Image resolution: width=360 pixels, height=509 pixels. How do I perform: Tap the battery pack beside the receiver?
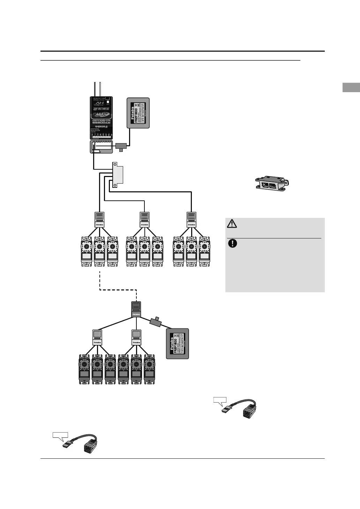click(138, 113)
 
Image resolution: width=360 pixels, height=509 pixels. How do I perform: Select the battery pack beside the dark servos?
click(177, 344)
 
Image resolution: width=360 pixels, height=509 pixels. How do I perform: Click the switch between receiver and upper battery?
click(121, 146)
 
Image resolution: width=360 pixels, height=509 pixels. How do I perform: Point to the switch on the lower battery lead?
click(156, 322)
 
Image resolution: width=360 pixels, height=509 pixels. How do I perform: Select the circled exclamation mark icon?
click(232, 243)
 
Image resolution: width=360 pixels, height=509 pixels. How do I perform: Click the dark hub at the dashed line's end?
click(136, 309)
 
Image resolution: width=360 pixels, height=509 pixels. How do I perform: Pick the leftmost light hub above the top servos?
click(99, 220)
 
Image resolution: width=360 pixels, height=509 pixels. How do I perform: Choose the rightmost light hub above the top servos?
click(191, 220)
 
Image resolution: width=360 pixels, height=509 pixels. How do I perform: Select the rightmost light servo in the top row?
click(204, 252)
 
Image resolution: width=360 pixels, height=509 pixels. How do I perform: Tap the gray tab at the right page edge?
click(351, 87)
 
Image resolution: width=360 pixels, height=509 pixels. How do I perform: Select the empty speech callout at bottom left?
click(60, 435)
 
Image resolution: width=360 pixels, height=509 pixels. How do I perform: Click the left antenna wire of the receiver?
click(95, 89)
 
